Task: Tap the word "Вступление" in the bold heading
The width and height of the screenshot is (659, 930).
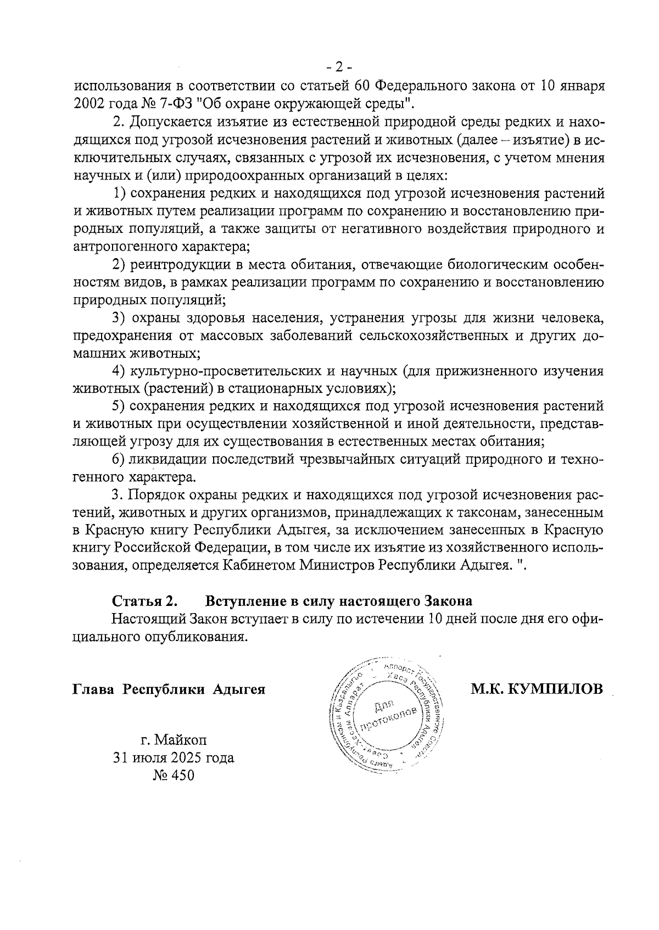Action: (241, 600)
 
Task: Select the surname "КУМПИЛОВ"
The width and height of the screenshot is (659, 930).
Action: (556, 689)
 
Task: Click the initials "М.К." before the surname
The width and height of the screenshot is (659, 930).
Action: (488, 689)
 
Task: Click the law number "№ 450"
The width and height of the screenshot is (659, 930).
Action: (174, 776)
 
